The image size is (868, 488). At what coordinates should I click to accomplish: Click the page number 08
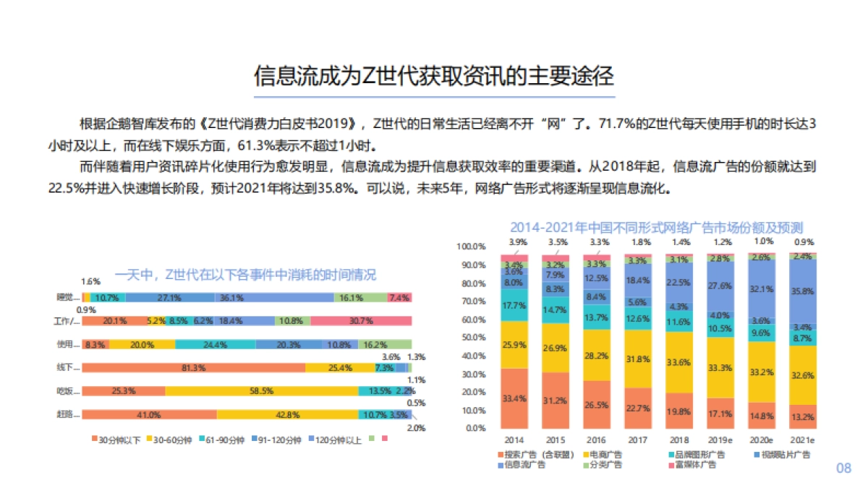(x=844, y=468)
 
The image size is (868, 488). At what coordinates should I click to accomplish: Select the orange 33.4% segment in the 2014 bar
(x=514, y=398)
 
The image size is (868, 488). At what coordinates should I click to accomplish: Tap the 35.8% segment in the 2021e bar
(x=804, y=291)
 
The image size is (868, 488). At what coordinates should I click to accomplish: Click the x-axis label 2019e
(x=720, y=440)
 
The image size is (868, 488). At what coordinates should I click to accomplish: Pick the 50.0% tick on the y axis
(x=471, y=337)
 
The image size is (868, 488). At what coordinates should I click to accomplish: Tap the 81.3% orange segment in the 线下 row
(x=193, y=367)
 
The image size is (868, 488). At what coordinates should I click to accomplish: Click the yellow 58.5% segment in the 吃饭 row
(x=262, y=391)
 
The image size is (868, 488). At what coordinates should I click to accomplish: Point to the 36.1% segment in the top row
(x=274, y=297)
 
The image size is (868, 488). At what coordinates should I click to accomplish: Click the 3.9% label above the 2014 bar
(x=517, y=241)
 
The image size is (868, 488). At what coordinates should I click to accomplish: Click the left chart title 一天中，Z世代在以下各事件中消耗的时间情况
(x=246, y=275)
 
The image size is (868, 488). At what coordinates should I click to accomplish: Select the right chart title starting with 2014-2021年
(x=656, y=228)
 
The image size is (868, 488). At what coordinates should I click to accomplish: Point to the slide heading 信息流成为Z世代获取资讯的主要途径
(x=433, y=76)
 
